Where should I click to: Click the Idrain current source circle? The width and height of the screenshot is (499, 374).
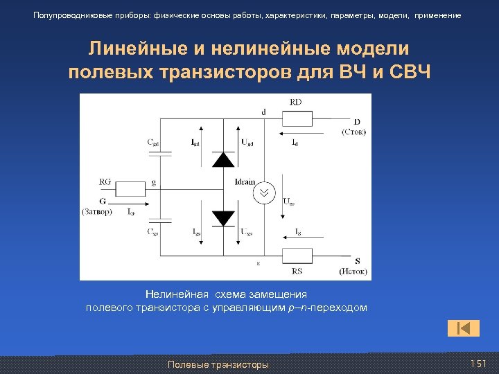click(263, 192)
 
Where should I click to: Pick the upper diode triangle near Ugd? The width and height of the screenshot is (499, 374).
click(222, 159)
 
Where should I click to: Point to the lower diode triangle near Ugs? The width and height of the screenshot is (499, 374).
click(222, 217)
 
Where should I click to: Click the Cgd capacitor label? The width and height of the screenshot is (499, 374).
click(153, 143)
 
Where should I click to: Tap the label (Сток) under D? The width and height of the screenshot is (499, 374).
click(354, 132)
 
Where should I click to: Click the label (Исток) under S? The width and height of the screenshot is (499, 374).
click(353, 271)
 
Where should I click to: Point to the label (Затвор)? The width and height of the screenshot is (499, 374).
click(96, 212)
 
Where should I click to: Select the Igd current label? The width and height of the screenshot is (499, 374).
click(196, 143)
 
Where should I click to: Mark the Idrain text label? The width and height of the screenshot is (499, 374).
click(245, 181)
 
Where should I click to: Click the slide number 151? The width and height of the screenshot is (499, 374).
click(478, 364)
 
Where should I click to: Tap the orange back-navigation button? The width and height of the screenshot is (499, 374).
click(464, 328)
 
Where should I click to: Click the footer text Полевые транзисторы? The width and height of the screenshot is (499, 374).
click(218, 365)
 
